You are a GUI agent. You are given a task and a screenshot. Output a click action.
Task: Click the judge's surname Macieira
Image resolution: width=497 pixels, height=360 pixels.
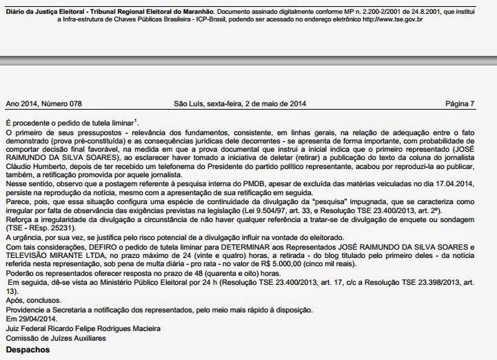pyautogui.click(x=159, y=328)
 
